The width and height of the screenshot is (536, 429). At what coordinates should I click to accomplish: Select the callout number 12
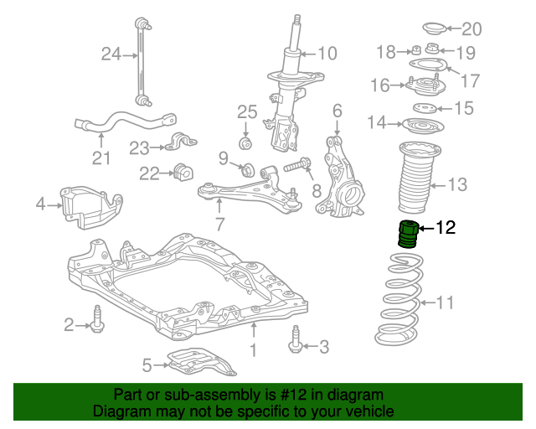pyautogui.click(x=446, y=227)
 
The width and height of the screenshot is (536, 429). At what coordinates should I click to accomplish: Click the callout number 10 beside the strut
pyautogui.click(x=326, y=54)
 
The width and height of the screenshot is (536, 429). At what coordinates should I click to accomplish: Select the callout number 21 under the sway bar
pyautogui.click(x=100, y=158)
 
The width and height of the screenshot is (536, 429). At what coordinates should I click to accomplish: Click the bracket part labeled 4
pyautogui.click(x=88, y=203)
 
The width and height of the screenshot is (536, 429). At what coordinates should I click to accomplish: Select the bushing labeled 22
pyautogui.click(x=180, y=173)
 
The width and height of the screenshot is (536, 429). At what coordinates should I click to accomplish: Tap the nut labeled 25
pyautogui.click(x=247, y=143)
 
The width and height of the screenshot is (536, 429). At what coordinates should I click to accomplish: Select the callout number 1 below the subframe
pyautogui.click(x=253, y=349)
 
